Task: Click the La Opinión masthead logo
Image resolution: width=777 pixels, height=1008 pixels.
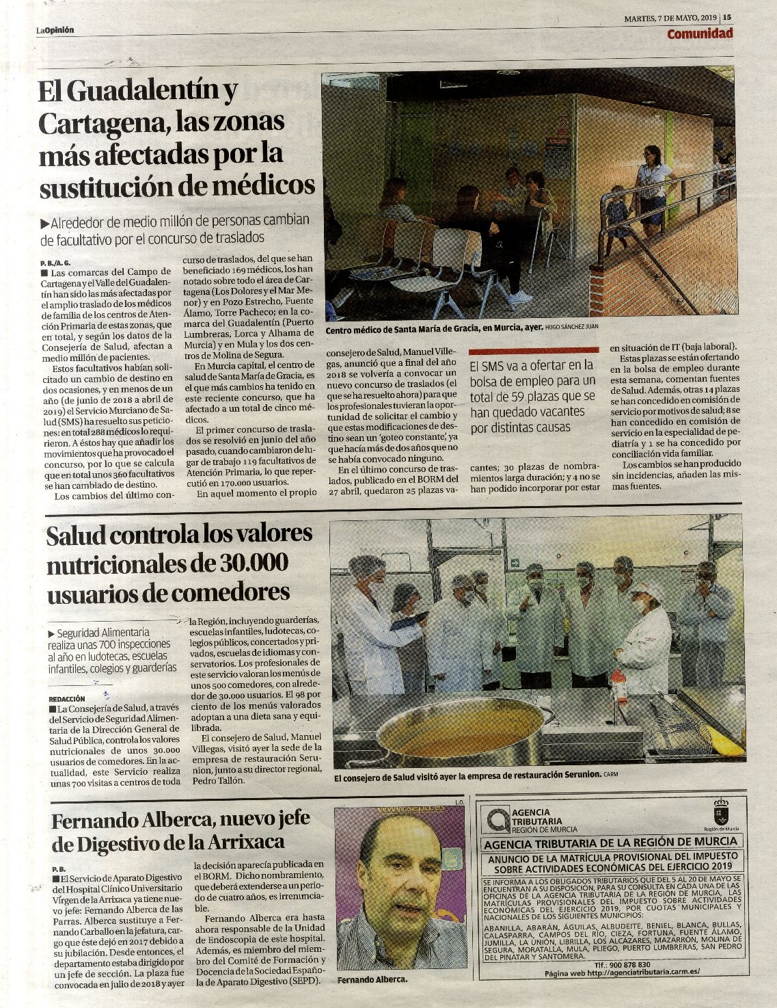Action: pos(55,30)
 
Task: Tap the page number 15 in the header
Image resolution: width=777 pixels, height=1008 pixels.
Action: pos(728,18)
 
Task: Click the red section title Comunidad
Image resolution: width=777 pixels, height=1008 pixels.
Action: pos(700,34)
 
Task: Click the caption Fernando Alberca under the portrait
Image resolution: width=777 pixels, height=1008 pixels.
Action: pos(372,980)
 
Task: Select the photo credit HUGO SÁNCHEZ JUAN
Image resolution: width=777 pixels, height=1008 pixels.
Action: pos(573,328)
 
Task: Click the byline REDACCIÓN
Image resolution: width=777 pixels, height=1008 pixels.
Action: pos(67,699)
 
